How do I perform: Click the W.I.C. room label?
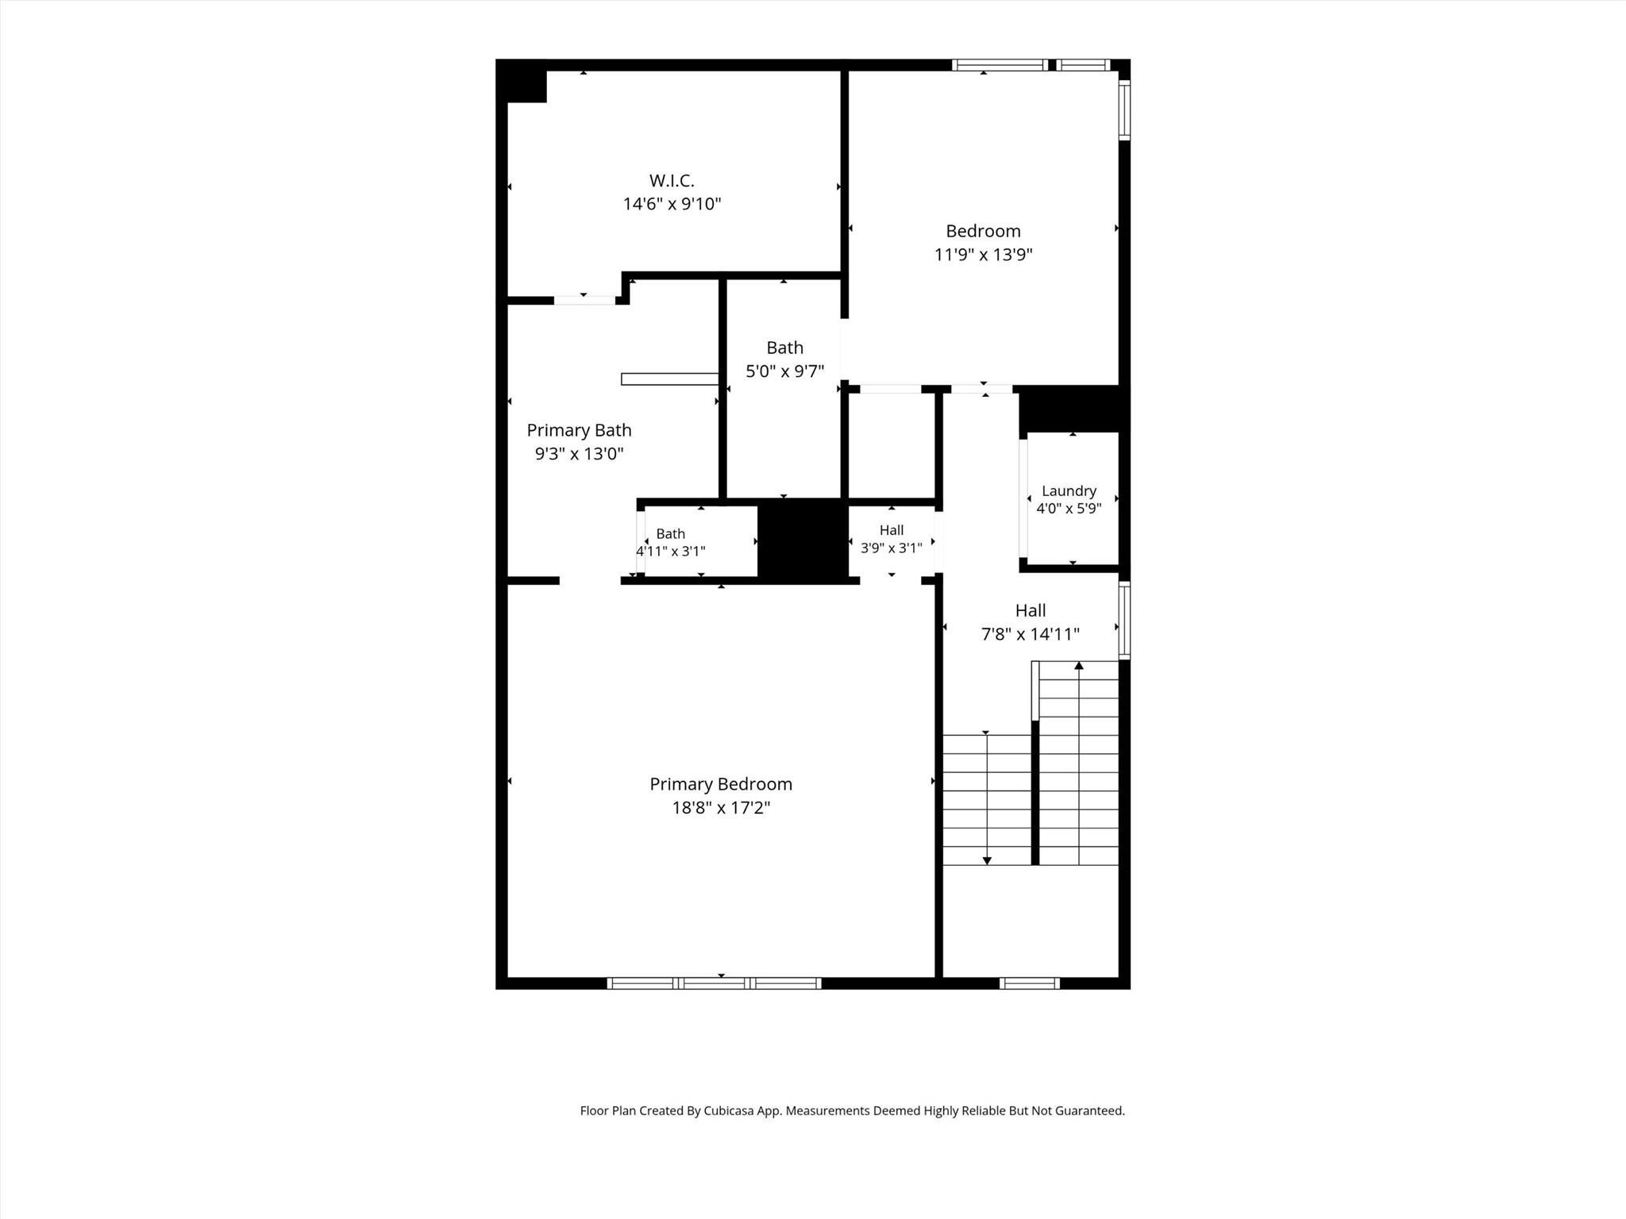coord(672,181)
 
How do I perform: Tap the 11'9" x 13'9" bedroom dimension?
coord(983,255)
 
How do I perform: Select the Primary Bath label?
coord(579,430)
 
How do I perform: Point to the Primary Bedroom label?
coord(721,784)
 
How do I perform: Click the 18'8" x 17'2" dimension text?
coord(721,808)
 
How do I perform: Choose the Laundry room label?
coord(1069,491)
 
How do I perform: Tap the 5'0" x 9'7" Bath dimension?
coord(784,371)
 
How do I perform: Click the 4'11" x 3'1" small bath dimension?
coord(670,551)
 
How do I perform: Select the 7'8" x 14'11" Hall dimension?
coord(1031,634)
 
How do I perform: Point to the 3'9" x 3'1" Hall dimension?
coord(891,548)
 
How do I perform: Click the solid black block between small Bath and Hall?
coord(803,540)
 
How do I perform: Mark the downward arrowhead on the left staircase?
coord(987,860)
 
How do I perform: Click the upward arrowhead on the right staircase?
coord(1079,666)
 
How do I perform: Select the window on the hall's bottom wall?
coord(1029,983)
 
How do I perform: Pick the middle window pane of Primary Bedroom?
coord(714,983)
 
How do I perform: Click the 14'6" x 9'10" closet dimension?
coord(672,204)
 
